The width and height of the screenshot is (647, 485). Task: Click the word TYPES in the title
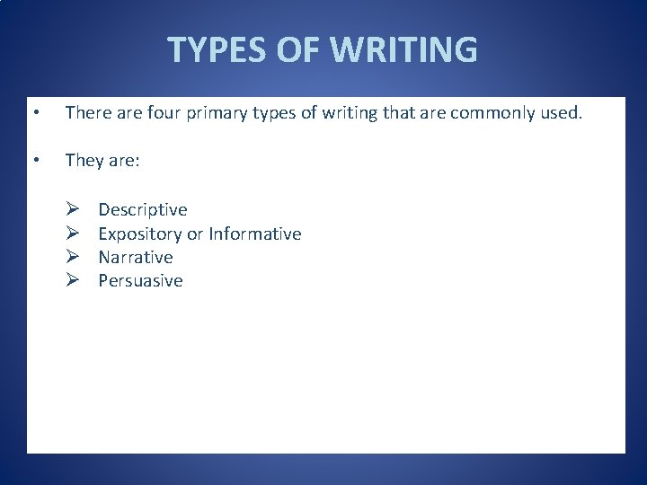click(x=218, y=50)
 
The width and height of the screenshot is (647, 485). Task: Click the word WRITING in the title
click(x=404, y=50)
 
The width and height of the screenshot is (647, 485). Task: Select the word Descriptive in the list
click(x=143, y=210)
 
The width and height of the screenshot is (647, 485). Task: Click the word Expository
click(x=139, y=234)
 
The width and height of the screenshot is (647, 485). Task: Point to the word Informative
click(x=255, y=234)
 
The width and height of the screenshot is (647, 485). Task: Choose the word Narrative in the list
click(x=136, y=257)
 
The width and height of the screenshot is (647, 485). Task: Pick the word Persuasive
click(x=140, y=280)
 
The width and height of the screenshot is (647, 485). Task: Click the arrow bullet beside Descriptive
click(x=73, y=210)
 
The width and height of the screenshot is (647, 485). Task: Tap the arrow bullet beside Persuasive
click(x=73, y=280)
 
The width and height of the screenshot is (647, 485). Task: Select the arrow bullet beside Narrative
click(x=73, y=257)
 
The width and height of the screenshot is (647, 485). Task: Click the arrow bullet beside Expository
click(x=73, y=234)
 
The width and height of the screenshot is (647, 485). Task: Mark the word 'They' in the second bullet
click(x=84, y=160)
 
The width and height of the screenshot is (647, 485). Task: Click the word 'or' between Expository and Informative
click(x=195, y=234)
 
